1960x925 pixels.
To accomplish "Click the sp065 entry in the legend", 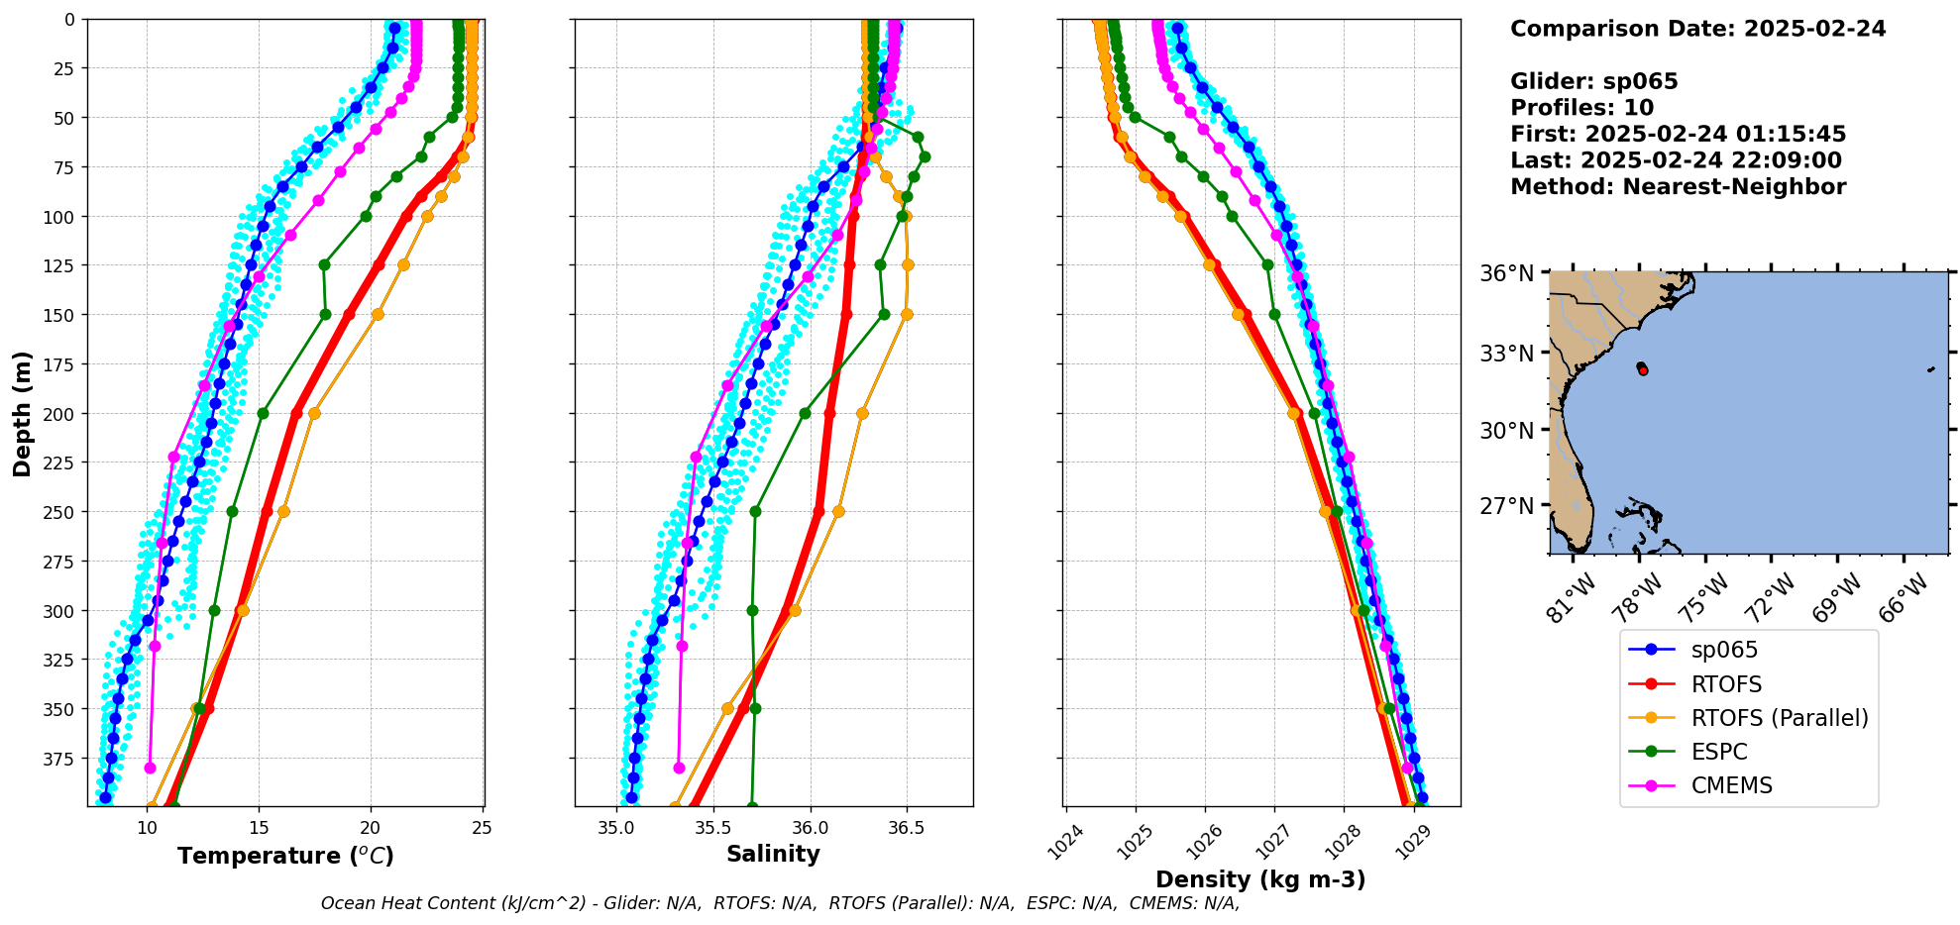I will click(1724, 651).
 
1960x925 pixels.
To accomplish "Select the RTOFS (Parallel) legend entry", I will click(1780, 718).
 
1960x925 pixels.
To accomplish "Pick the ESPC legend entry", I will click(1719, 752).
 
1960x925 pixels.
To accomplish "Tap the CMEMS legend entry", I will click(1731, 785).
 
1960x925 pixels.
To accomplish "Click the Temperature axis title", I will click(285, 856).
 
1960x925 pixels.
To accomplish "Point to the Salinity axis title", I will click(773, 854).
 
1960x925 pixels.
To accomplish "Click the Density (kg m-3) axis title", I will click(1260, 879).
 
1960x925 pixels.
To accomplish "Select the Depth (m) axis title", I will click(22, 413).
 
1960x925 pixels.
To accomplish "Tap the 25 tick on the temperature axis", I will click(482, 828).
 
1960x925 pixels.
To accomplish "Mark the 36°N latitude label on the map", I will click(1506, 273).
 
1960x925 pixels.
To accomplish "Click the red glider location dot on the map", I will click(1643, 369).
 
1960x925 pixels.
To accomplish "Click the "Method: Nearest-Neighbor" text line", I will click(1678, 187).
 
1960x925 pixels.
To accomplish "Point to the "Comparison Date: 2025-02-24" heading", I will click(1697, 29).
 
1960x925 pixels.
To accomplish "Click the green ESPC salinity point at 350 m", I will click(755, 708).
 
